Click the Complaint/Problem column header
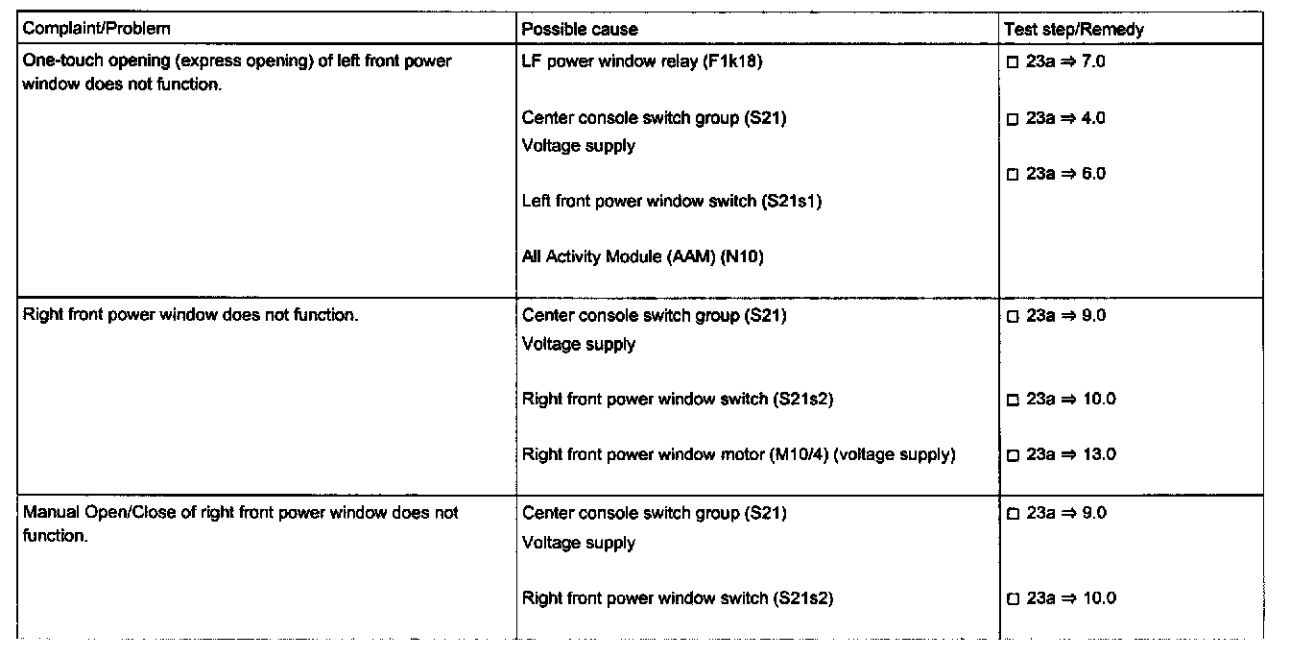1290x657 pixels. point(96,29)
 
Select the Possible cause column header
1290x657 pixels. point(579,29)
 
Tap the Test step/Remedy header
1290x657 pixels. point(1073,29)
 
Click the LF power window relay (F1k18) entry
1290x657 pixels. point(642,62)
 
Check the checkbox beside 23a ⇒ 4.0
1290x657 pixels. point(1012,119)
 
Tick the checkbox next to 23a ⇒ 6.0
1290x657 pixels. point(1012,175)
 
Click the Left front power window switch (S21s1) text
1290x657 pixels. point(671,202)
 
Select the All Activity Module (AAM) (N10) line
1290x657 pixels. point(642,256)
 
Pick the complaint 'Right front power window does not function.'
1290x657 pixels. point(190,315)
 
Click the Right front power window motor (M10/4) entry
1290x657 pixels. point(738,454)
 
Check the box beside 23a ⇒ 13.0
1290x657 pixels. point(1012,455)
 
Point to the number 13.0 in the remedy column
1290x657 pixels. point(1099,454)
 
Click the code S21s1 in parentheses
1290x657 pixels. point(791,202)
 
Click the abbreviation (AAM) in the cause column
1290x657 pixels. point(689,256)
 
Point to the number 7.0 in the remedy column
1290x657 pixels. point(1094,62)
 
